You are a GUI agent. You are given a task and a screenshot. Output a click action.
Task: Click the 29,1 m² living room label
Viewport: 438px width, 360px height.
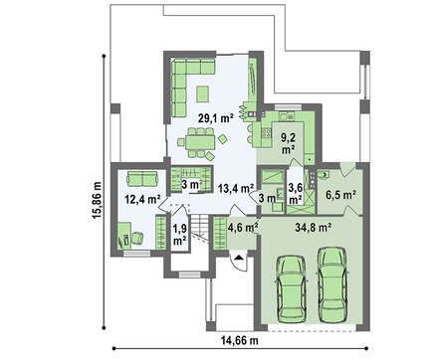pyautogui.click(x=216, y=118)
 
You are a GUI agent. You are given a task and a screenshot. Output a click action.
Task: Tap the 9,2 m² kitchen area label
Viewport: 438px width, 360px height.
pyautogui.click(x=289, y=143)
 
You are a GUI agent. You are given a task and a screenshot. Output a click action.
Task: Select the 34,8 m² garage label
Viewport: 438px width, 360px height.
pyautogui.click(x=314, y=227)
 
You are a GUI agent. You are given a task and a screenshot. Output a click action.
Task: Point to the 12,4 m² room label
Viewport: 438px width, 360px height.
pyautogui.click(x=142, y=199)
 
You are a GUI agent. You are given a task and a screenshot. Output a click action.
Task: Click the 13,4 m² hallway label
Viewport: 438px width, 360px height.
pyautogui.click(x=236, y=188)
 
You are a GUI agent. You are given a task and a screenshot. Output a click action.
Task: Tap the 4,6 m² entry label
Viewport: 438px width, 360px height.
pyautogui.click(x=243, y=228)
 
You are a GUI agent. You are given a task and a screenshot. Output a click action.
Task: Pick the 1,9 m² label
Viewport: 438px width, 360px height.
pyautogui.click(x=179, y=235)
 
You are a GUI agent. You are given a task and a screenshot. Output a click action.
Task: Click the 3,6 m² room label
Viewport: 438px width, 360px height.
pyautogui.click(x=296, y=194)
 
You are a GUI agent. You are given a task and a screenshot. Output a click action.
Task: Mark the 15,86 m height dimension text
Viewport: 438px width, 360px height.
pyautogui.click(x=98, y=200)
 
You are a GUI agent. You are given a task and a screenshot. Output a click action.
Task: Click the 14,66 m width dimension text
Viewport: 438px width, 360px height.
pyautogui.click(x=239, y=340)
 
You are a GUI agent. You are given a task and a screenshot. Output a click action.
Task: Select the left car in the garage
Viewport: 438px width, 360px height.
pyautogui.click(x=292, y=288)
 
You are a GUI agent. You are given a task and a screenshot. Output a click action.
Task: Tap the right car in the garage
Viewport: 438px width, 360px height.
pyautogui.click(x=332, y=284)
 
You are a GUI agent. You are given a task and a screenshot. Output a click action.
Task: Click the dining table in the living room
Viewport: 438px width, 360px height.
pyautogui.click(x=200, y=143)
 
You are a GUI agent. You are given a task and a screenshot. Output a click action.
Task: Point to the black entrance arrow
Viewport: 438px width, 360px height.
pyautogui.click(x=238, y=257)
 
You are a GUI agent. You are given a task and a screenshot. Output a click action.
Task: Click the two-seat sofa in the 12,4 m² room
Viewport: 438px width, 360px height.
pyautogui.click(x=142, y=179)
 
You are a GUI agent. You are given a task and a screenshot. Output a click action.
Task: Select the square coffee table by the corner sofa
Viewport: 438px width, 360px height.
pyautogui.click(x=202, y=93)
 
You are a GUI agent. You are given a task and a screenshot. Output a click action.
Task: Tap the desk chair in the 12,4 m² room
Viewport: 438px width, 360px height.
pyautogui.click(x=137, y=238)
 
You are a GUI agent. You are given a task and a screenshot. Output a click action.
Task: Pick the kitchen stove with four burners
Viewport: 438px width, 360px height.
pyautogui.click(x=267, y=133)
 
